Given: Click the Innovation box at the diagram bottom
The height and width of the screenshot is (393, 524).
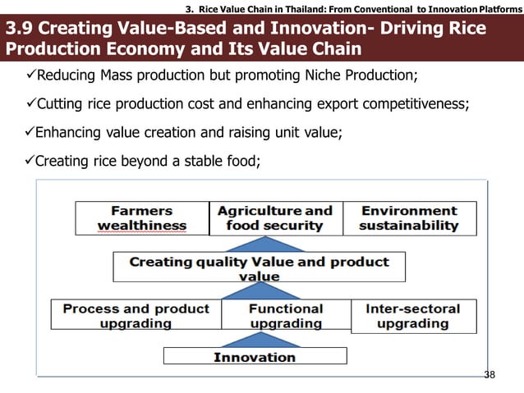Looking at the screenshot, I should click(x=254, y=357).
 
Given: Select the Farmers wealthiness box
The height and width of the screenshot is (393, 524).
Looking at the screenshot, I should click(x=142, y=218).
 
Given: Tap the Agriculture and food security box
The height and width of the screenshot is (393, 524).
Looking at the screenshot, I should click(x=274, y=218).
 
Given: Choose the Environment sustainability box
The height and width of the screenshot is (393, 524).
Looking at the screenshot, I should click(x=408, y=218).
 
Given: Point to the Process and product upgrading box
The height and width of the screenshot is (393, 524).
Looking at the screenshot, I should click(x=136, y=316).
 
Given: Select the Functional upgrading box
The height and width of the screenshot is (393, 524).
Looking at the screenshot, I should click(x=285, y=316).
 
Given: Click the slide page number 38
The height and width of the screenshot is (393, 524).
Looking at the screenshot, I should click(x=490, y=375).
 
